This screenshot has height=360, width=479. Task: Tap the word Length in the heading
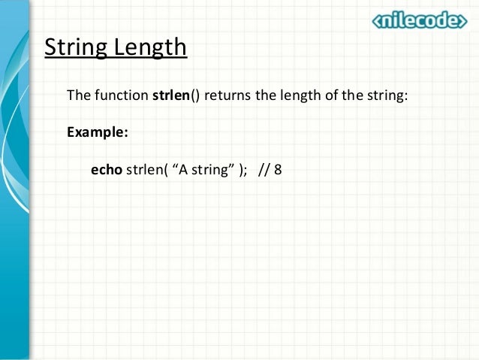pyautogui.click(x=149, y=47)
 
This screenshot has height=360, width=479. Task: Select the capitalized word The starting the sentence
pyautogui.click(x=79, y=97)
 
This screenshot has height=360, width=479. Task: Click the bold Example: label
pyautogui.click(x=98, y=132)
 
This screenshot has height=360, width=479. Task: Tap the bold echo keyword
pyautogui.click(x=106, y=169)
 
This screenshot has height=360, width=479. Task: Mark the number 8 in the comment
pyautogui.click(x=279, y=169)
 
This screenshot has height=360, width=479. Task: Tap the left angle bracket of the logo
pyautogui.click(x=378, y=22)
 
